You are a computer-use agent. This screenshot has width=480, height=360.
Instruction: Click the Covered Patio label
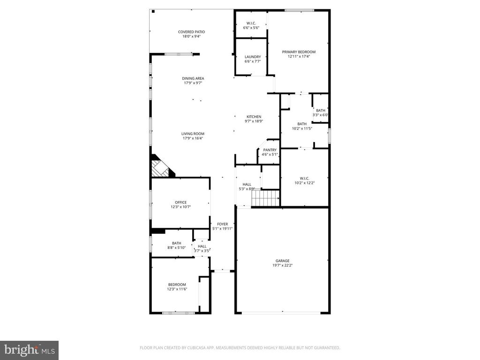(191, 32)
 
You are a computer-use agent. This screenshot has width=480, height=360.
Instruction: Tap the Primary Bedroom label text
(298, 52)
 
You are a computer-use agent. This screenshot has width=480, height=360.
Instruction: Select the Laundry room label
(253, 57)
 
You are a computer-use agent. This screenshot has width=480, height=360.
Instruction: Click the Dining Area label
(193, 78)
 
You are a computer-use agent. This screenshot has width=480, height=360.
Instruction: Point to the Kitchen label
(254, 117)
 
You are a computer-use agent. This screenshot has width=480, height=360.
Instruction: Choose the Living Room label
(193, 134)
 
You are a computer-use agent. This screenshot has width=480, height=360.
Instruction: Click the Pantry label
(270, 150)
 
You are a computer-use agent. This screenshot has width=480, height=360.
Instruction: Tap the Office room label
(180, 202)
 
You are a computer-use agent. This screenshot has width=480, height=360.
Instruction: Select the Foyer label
(222, 224)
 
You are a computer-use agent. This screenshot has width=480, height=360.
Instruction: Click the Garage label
(282, 261)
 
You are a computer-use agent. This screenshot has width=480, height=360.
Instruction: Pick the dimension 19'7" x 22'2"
(282, 265)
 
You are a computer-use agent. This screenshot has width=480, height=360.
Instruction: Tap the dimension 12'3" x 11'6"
(177, 289)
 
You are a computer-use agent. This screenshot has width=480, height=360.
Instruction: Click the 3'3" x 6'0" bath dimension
(321, 115)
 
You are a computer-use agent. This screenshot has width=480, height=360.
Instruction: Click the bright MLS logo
(29, 350)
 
